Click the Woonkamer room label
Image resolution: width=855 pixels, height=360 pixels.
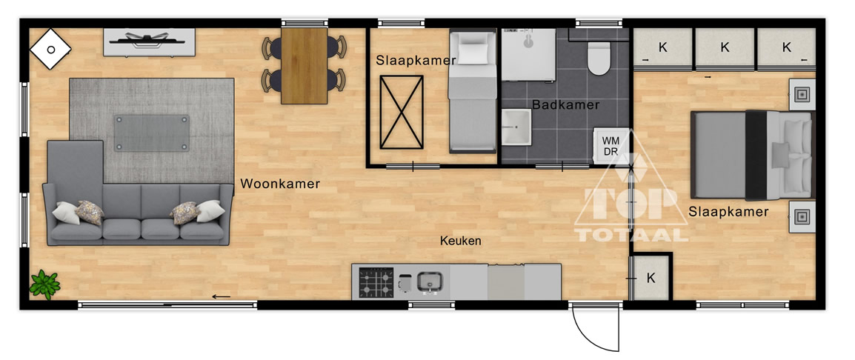tap(280, 184)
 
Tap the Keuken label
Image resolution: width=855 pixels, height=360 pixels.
tap(461, 241)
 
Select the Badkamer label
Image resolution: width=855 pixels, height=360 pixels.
tap(566, 104)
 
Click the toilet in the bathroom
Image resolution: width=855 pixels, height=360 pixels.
tap(598, 59)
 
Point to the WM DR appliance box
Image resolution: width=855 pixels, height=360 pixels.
tap(611, 146)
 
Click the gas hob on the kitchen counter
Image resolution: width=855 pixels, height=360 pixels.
tap(376, 282)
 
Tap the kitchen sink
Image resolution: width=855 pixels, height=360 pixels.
tap(430, 282)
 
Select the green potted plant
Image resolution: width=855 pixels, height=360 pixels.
tap(44, 284)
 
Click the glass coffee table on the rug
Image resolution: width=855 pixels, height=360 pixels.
tap(152, 133)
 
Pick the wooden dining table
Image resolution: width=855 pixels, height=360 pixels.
tap(305, 65)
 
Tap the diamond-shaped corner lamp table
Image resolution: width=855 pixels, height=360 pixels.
tap(50, 49)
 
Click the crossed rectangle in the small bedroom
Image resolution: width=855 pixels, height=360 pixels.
tap(402, 112)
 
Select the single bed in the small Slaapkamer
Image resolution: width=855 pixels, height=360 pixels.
tap(472, 90)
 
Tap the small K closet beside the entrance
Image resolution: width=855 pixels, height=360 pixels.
tap(651, 278)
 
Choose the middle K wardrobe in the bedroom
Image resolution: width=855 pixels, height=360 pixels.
tap(725, 49)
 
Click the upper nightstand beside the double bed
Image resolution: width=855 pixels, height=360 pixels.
tap(802, 94)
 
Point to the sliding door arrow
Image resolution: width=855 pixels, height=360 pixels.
tap(222, 297)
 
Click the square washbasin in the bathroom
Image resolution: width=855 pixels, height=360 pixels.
tap(516, 127)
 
